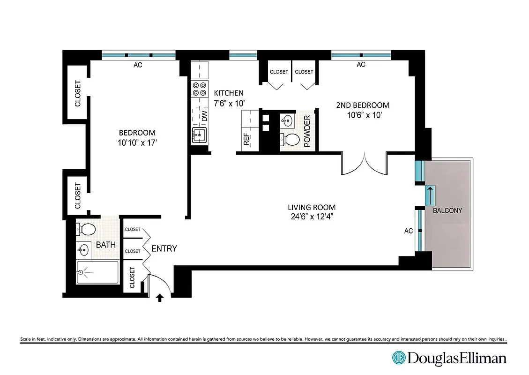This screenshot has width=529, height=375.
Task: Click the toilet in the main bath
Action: tap(86, 229)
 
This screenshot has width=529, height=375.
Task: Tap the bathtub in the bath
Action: tap(97, 272)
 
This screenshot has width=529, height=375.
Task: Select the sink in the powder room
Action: tap(287, 121)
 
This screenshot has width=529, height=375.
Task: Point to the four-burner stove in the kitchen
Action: tap(200, 89)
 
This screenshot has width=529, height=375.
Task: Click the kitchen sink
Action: tap(199, 135)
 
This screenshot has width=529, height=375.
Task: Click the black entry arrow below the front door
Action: tap(160, 297)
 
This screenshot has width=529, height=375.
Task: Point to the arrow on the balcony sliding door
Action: tap(429, 195)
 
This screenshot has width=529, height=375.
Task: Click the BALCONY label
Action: tap(447, 210)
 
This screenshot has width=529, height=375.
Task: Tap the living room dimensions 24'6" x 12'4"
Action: tap(312, 216)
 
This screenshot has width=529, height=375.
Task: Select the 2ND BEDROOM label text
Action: tap(363, 105)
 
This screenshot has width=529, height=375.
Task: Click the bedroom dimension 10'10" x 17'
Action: tap(137, 142)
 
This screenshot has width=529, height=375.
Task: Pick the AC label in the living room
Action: tap(409, 231)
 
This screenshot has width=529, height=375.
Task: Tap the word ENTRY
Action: tap(164, 248)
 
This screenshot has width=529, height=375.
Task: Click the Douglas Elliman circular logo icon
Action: tap(399, 358)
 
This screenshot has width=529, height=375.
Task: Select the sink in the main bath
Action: tap(84, 249)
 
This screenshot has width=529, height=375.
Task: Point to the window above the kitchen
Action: tap(243, 55)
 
